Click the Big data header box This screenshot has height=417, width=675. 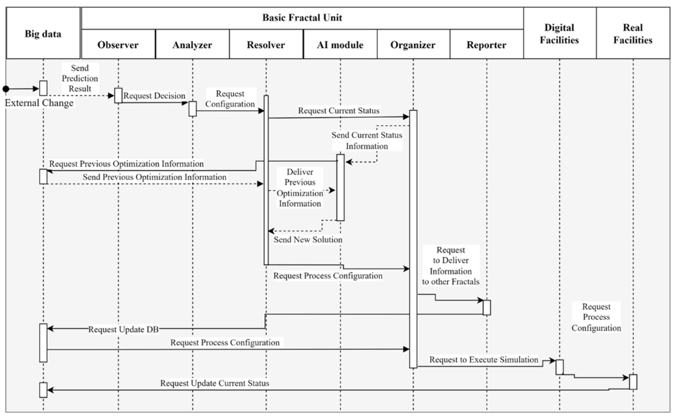43,33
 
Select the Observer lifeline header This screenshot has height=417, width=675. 118,44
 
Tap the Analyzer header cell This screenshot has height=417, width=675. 192,44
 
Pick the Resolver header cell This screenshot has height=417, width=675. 266,44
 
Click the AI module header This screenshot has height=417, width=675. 340,44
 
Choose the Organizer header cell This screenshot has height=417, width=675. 413,44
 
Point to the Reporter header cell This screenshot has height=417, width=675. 487,44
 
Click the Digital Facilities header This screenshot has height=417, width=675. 560,33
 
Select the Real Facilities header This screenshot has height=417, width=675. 633,33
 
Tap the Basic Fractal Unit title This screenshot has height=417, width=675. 302,18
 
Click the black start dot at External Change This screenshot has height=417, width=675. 6,89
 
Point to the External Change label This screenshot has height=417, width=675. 39,103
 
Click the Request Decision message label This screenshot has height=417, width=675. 154,96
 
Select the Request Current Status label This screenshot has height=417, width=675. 339,111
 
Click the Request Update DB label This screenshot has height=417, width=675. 123,329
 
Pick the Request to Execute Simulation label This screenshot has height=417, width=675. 484,360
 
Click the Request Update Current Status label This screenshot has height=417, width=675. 215,383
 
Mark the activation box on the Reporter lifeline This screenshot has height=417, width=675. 487,308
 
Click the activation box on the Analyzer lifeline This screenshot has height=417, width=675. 193,109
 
